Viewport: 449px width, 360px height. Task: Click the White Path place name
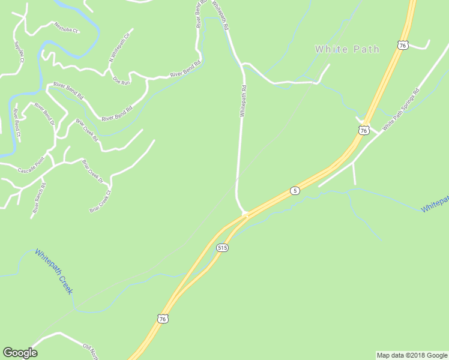tap(347, 49)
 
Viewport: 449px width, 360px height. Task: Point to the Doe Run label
tap(121, 80)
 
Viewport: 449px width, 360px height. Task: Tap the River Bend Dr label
tap(44, 113)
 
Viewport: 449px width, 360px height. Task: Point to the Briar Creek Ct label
tap(100, 202)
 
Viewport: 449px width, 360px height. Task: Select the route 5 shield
tap(294, 191)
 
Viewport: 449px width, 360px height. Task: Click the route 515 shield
tap(223, 247)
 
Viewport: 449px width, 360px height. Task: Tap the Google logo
tap(20, 353)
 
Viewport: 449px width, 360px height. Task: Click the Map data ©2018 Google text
tap(412, 355)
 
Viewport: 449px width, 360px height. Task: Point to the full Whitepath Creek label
tap(54, 271)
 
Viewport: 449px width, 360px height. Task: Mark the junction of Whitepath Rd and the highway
tap(244, 213)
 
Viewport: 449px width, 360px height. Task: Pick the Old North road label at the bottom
tap(90, 349)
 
